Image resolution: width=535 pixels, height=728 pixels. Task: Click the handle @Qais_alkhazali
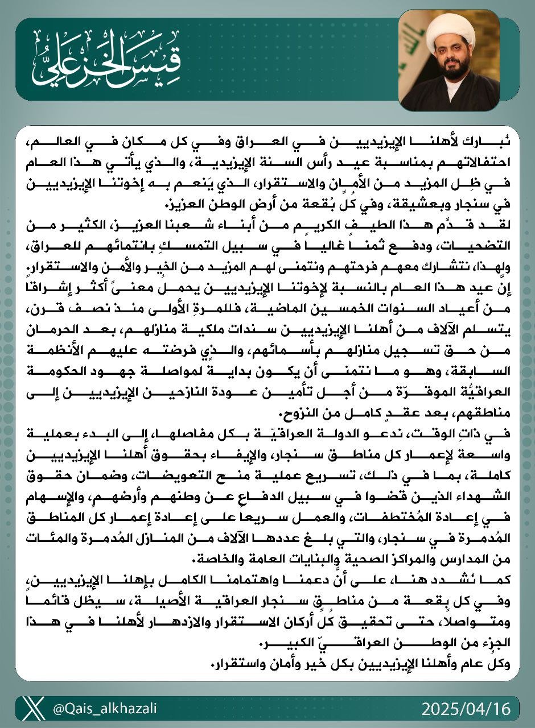pyautogui.click(x=105, y=709)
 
